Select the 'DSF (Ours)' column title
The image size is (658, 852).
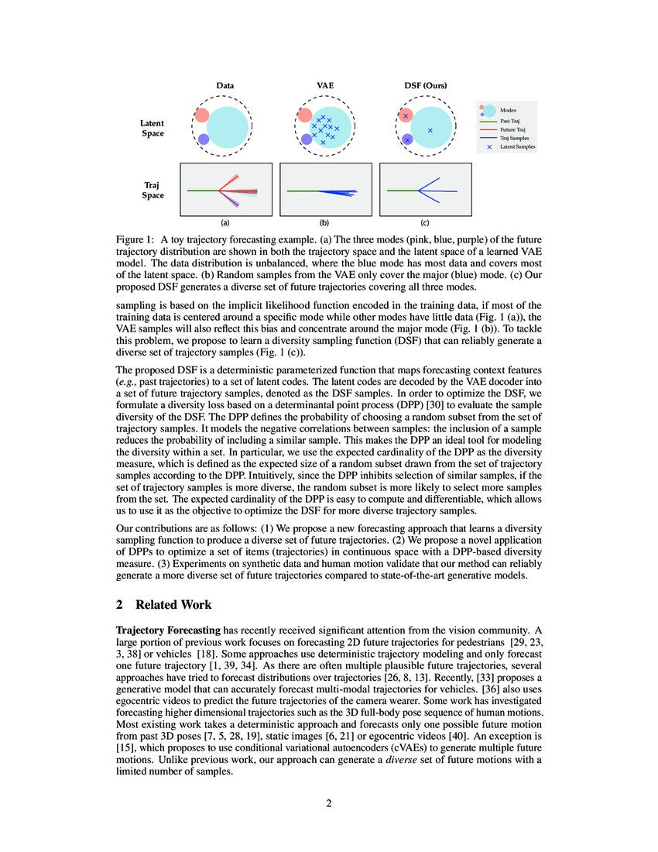tap(425, 85)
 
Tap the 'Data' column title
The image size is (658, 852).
tap(225, 85)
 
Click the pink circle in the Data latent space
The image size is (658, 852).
tap(201, 115)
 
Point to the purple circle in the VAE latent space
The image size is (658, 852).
tap(307, 139)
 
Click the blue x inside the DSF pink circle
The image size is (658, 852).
tap(405, 116)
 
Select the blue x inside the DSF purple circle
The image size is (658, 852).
tap(407, 139)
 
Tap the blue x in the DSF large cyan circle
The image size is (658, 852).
tap(430, 130)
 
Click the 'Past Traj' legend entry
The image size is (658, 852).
tap(510, 122)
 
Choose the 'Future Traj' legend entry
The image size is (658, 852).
tap(512, 129)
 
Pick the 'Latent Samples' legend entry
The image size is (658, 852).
tap(517, 146)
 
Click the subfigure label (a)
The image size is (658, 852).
tap(225, 222)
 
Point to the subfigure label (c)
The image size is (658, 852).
tap(425, 222)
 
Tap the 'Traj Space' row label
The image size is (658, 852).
tap(153, 190)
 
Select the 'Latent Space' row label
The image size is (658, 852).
tap(152, 128)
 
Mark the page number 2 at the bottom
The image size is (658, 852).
tap(328, 803)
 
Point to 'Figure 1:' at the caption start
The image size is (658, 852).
tap(136, 241)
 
